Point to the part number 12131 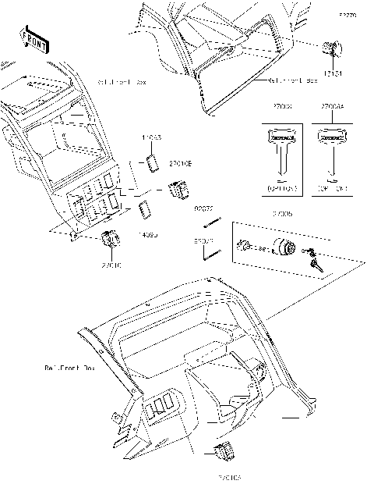333,71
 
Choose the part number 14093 150,233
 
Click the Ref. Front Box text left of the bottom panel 69,366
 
